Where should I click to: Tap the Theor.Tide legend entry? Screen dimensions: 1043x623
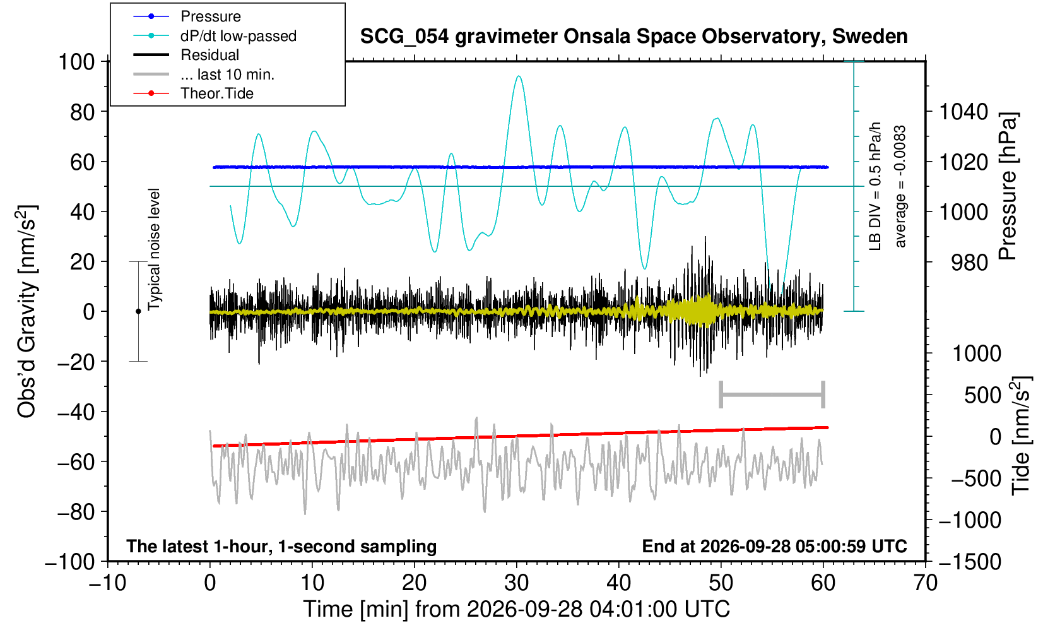193,93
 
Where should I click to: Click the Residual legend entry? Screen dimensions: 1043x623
186,55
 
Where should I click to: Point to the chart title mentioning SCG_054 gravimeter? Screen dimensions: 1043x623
633,37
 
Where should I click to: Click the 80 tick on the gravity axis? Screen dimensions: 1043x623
83,112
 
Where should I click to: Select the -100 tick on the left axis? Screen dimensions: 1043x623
70,562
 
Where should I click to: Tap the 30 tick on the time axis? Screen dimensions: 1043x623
516,583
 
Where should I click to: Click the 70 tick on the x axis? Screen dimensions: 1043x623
925,583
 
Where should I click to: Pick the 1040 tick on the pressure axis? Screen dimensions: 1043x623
963,112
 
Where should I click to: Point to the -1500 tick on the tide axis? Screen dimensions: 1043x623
970,562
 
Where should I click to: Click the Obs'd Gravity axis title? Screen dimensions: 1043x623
27,311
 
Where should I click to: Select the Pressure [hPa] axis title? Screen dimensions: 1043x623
1008,186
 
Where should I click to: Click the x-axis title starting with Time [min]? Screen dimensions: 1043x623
516,609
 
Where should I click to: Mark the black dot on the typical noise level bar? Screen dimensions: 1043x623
138,311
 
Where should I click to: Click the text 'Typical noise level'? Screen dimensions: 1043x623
154,250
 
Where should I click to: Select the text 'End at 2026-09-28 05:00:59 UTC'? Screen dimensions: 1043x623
774,546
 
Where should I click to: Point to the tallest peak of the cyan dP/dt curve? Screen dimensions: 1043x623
519,76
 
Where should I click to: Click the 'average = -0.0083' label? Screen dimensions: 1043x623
900,186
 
